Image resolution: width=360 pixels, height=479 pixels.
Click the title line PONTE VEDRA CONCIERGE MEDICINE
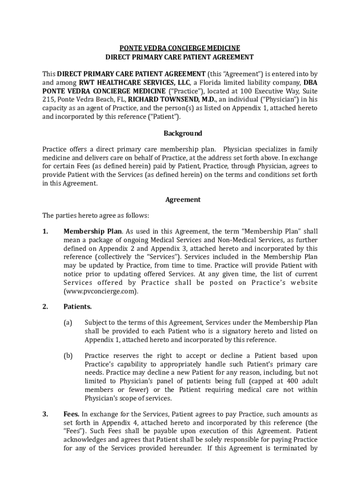(180, 48)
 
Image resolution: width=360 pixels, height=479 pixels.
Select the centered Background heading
(182, 133)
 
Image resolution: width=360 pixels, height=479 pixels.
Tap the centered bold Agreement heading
(183, 200)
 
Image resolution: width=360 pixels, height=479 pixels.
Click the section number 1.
(45, 232)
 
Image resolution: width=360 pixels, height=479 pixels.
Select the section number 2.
(45, 307)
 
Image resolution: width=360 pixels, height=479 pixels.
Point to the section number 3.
(45, 414)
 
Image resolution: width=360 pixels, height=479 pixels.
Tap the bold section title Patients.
(78, 307)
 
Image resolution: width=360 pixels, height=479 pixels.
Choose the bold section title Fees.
(71, 414)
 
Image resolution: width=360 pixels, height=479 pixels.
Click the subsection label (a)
(68, 323)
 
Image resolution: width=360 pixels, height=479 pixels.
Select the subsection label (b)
(68, 356)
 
